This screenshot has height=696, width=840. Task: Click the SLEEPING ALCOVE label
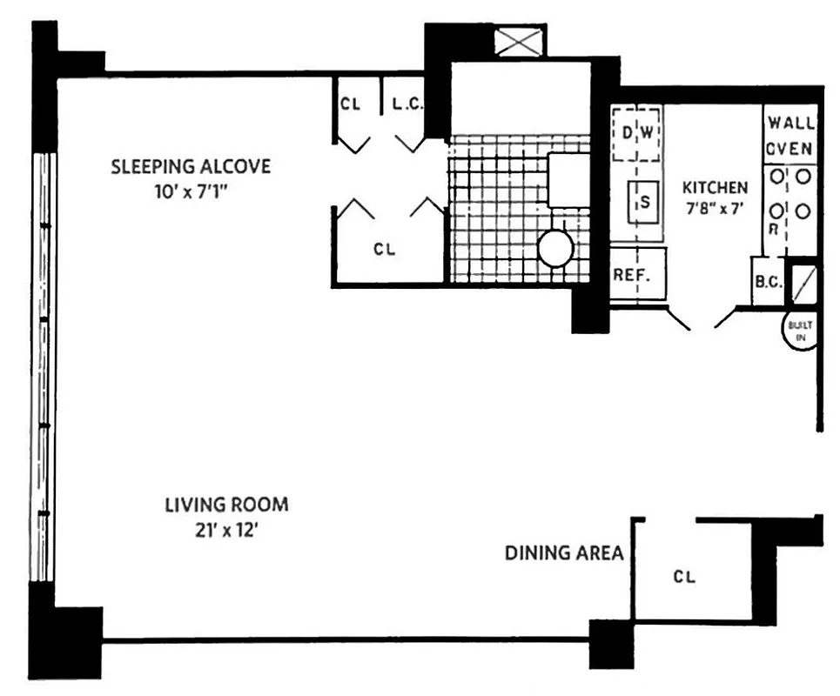tap(191, 166)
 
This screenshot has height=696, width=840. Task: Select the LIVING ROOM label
tap(226, 505)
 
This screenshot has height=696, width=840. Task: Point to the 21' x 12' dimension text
tap(226, 527)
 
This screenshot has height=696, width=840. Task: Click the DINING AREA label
tap(564, 552)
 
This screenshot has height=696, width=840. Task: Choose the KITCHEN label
tap(714, 188)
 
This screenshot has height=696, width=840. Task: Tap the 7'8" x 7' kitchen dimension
tap(714, 209)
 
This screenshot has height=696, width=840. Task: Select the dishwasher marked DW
tap(637, 133)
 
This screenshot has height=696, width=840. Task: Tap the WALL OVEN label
tap(790, 136)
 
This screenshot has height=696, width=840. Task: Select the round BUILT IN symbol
tap(799, 331)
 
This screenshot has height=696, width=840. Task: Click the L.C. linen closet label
tap(407, 104)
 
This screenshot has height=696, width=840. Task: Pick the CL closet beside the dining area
tap(684, 576)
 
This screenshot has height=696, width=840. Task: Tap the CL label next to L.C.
tap(351, 104)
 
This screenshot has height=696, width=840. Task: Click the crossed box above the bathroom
tap(518, 42)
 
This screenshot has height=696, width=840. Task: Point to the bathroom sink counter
tap(568, 180)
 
